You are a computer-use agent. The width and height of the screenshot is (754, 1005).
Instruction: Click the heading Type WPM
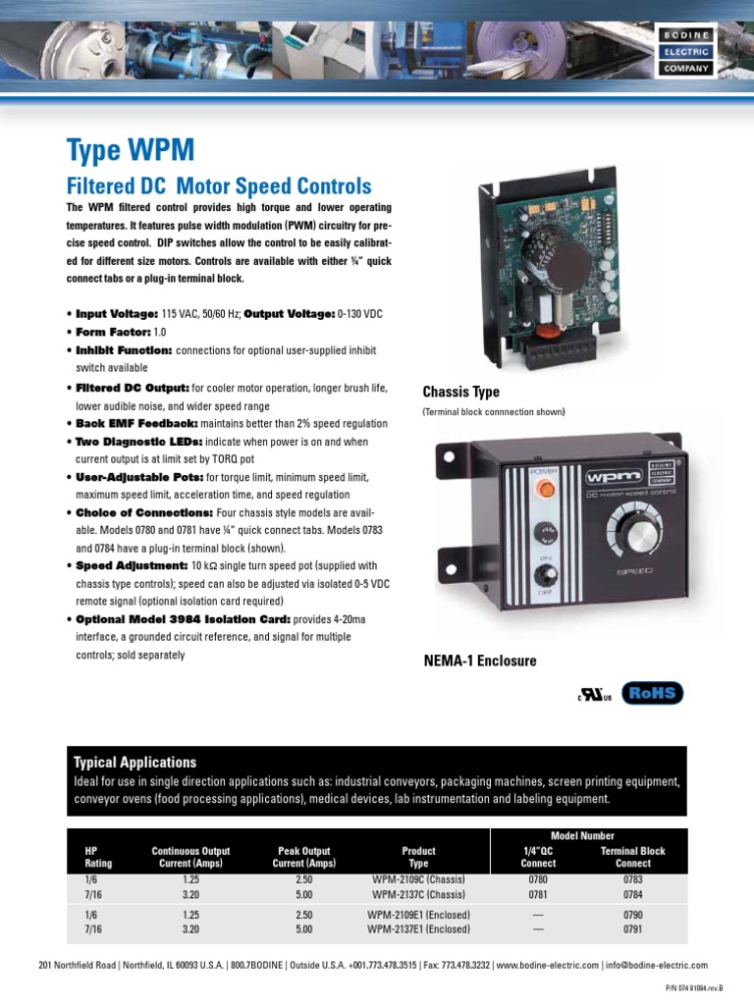[x=131, y=150]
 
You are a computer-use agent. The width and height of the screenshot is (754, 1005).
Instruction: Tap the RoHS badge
[x=652, y=693]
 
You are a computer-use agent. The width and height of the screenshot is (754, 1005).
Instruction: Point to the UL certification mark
[x=593, y=694]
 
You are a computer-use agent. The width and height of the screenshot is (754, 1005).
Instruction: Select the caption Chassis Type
[x=460, y=392]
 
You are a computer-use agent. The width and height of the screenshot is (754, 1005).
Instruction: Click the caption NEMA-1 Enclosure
[x=479, y=661]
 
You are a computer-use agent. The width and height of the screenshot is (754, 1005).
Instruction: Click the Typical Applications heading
[x=135, y=762]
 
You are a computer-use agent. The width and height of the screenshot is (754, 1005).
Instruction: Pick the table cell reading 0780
[x=537, y=879]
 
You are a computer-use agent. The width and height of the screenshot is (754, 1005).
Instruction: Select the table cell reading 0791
[x=632, y=928]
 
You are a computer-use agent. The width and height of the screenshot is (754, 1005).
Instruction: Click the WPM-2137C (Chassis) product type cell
[x=418, y=894]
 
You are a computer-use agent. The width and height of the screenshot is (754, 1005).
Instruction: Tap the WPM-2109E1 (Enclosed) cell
[x=418, y=914]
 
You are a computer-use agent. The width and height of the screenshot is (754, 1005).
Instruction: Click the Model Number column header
[x=584, y=836]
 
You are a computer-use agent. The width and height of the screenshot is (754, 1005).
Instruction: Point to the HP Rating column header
[x=92, y=857]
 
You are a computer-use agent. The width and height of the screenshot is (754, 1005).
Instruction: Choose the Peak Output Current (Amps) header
[x=304, y=857]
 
